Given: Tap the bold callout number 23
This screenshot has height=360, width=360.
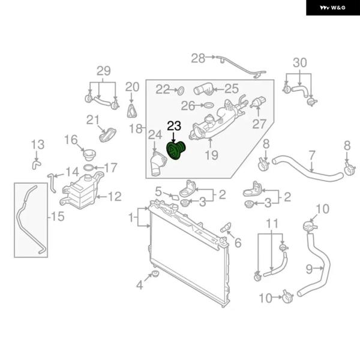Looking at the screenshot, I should click(x=174, y=126).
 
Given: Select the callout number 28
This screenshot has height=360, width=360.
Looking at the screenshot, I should click(x=198, y=58).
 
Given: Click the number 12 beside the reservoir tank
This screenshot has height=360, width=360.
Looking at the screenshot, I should click(x=114, y=196).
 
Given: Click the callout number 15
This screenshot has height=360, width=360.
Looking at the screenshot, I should click(x=58, y=216).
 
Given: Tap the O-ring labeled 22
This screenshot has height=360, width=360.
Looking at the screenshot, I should click(x=179, y=91).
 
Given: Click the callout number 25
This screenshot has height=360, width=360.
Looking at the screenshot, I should click(x=232, y=88).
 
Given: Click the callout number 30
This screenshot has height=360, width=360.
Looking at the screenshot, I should click(x=299, y=62).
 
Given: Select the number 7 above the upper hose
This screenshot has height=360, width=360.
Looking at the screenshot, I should click(x=311, y=154).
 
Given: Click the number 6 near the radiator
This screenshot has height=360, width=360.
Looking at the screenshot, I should click(x=238, y=243).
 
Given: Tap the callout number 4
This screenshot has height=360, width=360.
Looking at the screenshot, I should click(x=139, y=285).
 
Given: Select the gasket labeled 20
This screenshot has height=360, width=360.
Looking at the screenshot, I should click(x=132, y=110).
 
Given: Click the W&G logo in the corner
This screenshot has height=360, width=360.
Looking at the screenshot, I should click(x=332, y=8).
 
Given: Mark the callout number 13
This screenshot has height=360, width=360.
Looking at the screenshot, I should click(x=37, y=145).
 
